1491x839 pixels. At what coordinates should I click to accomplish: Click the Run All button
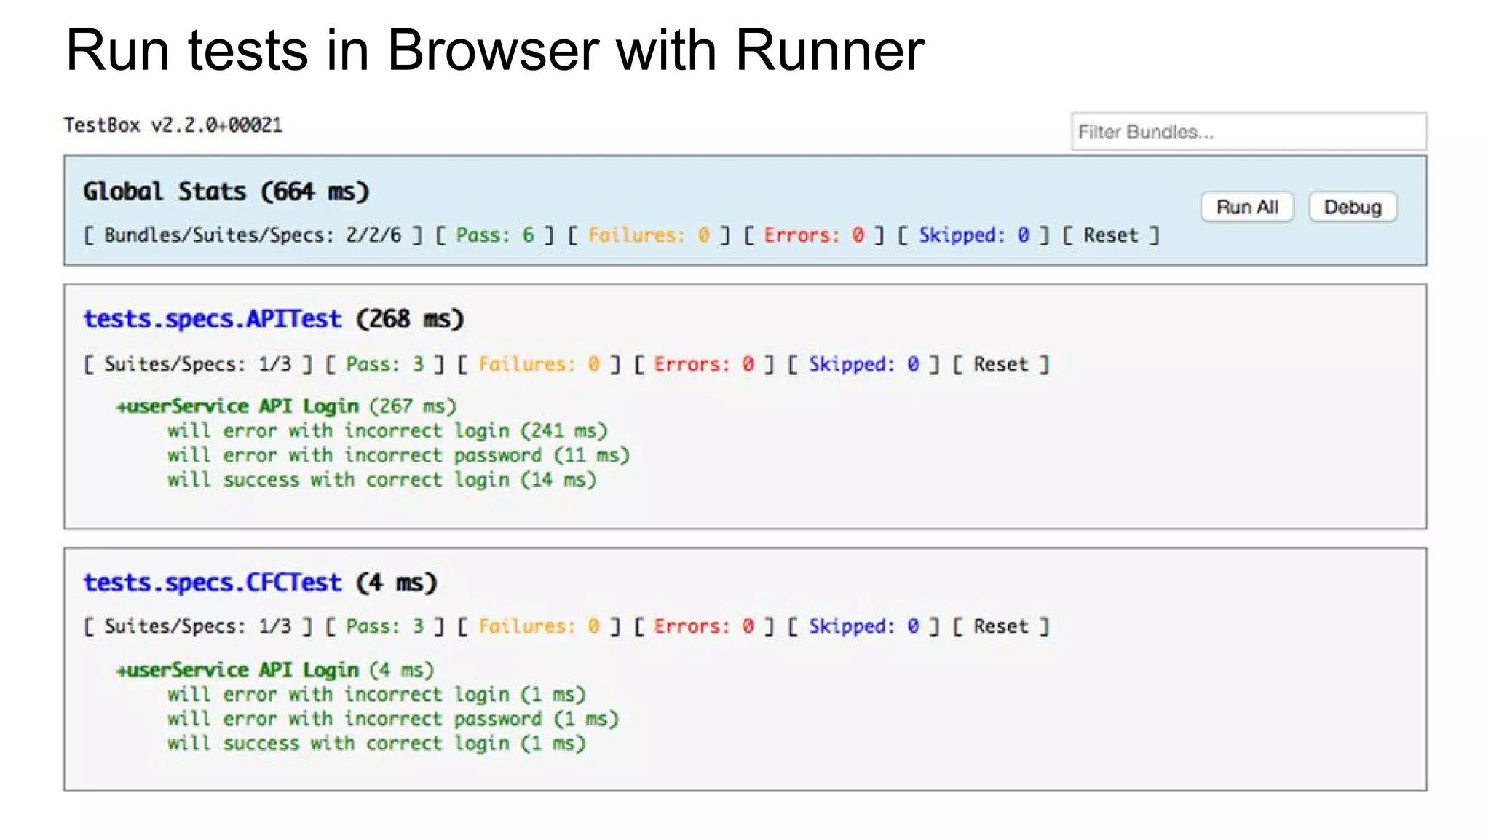point(1247,208)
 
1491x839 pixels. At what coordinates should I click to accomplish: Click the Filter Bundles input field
point(1248,132)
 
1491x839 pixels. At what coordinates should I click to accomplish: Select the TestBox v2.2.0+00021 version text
point(173,125)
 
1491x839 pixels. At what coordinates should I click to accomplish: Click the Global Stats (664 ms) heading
point(226,192)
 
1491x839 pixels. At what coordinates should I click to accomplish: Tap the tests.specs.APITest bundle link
point(212,319)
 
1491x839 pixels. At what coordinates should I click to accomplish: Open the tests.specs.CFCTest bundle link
point(212,583)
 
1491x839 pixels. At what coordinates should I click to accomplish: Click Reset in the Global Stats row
point(1110,235)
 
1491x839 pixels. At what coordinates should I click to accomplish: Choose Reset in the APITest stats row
point(1001,364)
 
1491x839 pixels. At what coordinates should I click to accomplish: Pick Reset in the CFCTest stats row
point(1001,626)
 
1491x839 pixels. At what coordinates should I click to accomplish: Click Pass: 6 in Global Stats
point(495,235)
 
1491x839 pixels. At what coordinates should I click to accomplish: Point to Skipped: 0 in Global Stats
point(973,235)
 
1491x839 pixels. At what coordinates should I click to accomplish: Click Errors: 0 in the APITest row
point(703,364)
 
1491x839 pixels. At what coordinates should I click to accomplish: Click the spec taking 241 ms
point(387,431)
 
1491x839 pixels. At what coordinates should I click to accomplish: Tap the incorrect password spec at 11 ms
point(398,456)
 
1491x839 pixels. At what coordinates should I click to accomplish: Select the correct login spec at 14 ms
point(381,480)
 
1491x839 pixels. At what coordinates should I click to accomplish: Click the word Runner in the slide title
point(829,51)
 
